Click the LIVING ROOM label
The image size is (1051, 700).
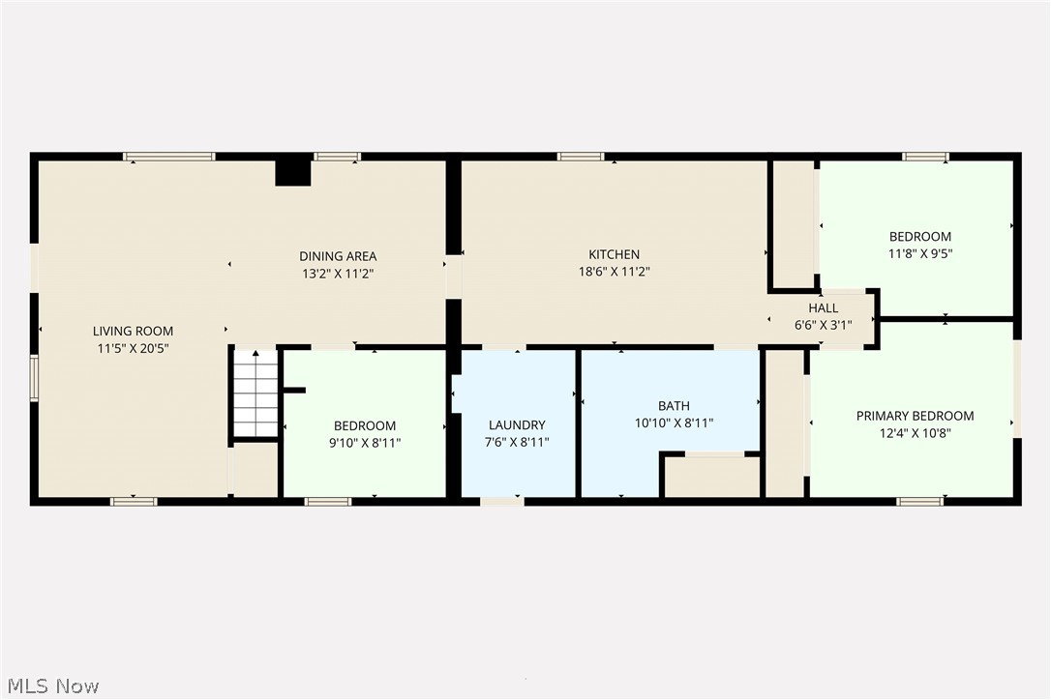[133, 331]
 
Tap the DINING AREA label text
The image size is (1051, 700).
[337, 256]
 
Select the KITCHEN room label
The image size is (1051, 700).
[614, 255]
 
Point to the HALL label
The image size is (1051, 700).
[823, 308]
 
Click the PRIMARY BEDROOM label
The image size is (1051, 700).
[915, 416]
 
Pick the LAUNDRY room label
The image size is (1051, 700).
[517, 424]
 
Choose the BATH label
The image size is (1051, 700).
[674, 406]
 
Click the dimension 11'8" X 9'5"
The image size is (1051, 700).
[920, 253]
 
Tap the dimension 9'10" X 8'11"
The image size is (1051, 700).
[365, 443]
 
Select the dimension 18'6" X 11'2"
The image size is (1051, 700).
[614, 273]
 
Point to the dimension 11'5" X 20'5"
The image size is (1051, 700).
[133, 348]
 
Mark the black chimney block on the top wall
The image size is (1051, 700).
[292, 171]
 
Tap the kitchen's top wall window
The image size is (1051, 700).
[581, 157]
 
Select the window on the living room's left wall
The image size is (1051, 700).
[34, 378]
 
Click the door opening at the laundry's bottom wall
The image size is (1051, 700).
[501, 501]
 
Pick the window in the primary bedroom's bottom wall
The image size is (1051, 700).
[919, 501]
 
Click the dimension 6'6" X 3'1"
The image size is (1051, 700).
[823, 325]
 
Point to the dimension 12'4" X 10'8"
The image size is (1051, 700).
[915, 433]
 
